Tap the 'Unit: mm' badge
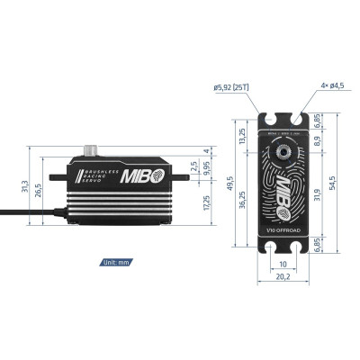click(x=117, y=263)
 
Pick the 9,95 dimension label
click(x=208, y=166)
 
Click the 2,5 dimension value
click(x=194, y=164)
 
